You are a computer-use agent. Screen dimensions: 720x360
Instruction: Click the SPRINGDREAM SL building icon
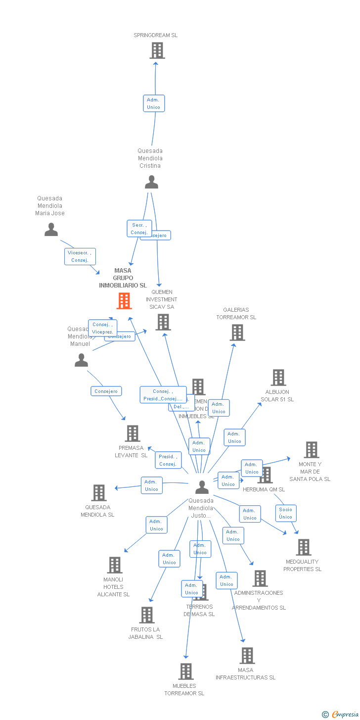pos(157,50)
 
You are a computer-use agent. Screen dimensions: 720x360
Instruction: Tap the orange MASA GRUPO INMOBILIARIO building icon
pos(124,301)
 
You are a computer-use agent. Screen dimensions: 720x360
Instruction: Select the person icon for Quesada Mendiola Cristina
pos(151,182)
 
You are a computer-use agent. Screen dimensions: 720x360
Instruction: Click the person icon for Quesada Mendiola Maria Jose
pos(51,230)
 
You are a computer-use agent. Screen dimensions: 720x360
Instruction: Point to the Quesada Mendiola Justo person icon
pos(202,487)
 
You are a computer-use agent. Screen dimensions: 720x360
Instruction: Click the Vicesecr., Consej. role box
pos(80,256)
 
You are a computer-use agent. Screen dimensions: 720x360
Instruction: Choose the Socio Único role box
pos(285,513)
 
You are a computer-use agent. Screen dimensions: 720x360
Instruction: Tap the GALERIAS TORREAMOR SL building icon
pos(237,333)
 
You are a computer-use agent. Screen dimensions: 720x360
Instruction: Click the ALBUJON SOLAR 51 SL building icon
pos(278,378)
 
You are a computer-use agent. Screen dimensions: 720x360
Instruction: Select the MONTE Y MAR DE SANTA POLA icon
pos(311,450)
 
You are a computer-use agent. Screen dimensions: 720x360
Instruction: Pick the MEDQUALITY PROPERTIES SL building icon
pos(303,547)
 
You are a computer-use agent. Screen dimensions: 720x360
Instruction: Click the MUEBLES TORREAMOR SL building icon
pos(185,672)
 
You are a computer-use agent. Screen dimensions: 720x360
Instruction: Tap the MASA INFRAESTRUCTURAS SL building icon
pos(247,656)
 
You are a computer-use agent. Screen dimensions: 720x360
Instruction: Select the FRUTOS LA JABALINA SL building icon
pos(147,615)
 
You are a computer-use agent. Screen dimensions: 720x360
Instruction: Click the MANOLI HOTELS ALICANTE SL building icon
pos(115,565)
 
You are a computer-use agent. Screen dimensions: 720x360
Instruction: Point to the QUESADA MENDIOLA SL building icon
pos(99,493)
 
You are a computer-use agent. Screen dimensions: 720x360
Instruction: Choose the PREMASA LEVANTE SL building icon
pos(132,433)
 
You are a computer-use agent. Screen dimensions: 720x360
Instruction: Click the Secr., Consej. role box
pos(139,229)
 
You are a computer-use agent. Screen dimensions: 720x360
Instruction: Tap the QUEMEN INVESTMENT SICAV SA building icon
pos(163,322)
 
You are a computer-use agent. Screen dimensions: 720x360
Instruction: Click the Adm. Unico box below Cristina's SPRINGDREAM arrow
pos(154,103)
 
